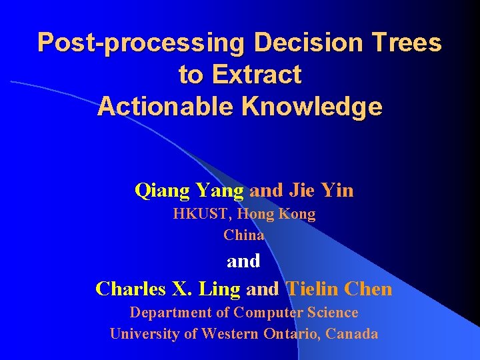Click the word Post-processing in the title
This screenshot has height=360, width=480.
click(142, 43)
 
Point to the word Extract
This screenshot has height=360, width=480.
click(257, 75)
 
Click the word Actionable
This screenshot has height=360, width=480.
click(168, 107)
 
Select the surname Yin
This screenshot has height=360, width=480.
click(337, 191)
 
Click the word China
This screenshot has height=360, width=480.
click(244, 235)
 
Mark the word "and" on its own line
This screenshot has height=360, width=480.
click(243, 261)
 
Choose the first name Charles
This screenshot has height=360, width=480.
click(129, 289)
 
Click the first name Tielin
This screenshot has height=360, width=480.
click(312, 289)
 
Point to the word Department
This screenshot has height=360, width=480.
click(167, 313)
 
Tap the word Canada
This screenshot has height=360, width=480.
click(353, 334)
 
